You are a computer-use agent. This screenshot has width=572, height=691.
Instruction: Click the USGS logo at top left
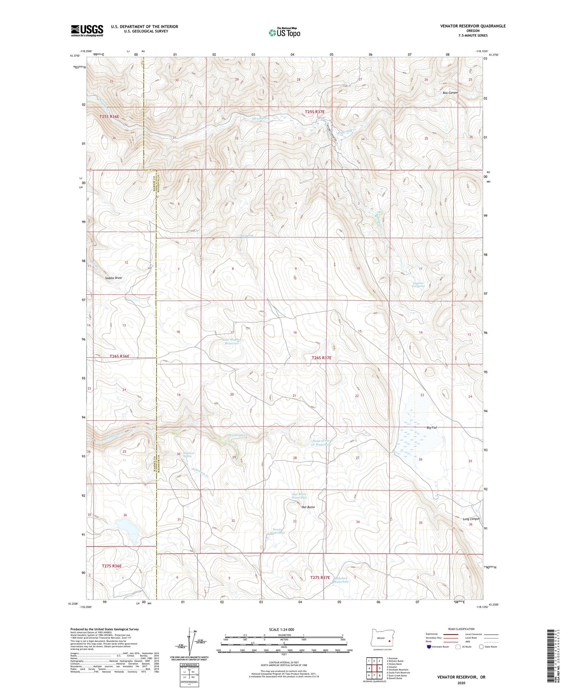pyautogui.click(x=87, y=30)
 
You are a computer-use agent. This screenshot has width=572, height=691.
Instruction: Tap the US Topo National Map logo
pyautogui.click(x=284, y=32)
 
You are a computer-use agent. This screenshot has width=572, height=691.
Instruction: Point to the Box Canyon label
pyautogui.click(x=450, y=93)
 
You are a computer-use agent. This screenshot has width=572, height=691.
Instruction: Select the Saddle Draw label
pyautogui.click(x=113, y=278)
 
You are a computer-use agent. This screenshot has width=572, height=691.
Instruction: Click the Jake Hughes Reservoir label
pyautogui.click(x=231, y=341)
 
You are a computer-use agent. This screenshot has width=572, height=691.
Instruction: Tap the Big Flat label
pyautogui.click(x=431, y=428)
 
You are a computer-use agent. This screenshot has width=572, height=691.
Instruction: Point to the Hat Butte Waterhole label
pyautogui.click(x=299, y=496)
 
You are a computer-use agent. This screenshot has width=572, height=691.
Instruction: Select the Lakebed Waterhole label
pyautogui.click(x=341, y=580)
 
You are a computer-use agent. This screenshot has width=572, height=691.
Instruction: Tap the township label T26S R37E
pyautogui.click(x=321, y=358)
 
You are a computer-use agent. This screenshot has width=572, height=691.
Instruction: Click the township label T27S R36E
pyautogui.click(x=112, y=566)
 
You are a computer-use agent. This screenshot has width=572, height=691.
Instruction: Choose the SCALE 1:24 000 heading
pyautogui.click(x=281, y=629)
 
